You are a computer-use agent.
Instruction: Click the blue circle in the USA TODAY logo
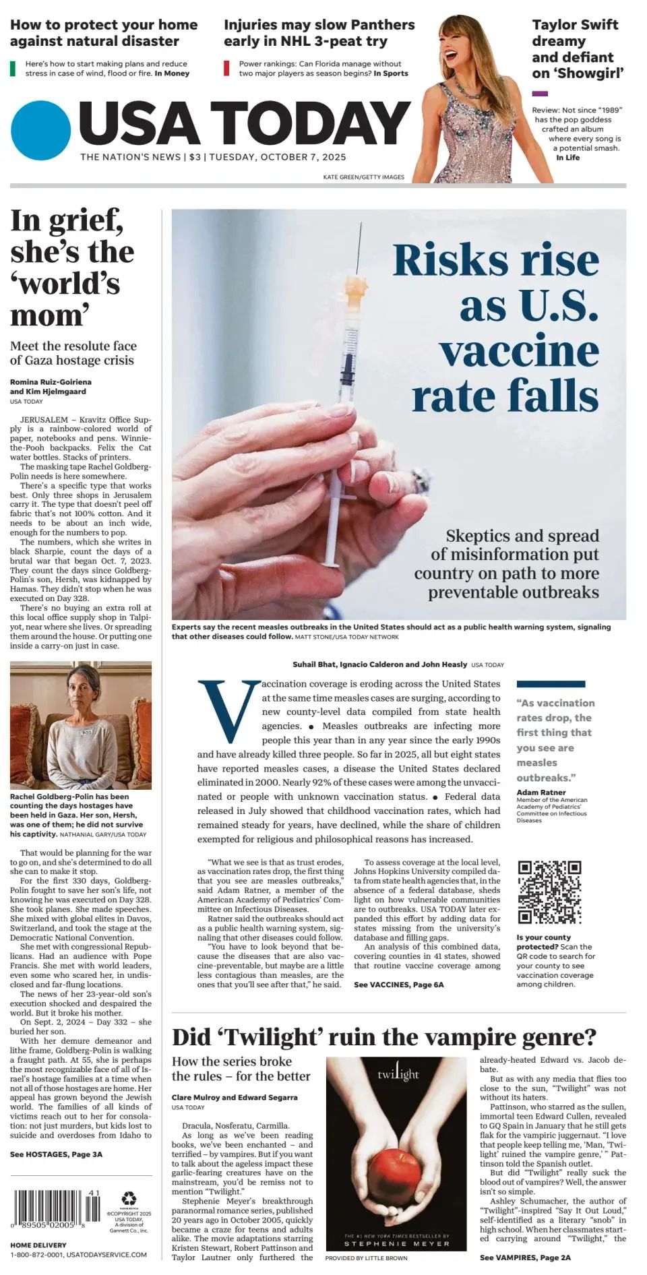(40, 131)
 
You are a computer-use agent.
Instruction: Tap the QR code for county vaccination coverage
(549, 892)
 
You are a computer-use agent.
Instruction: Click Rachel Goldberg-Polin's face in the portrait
(83, 693)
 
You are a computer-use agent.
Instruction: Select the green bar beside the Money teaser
(13, 68)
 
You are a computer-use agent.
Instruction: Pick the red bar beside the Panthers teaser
(226, 68)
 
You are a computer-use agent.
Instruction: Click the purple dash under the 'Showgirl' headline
(540, 94)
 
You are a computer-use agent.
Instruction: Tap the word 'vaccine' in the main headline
(519, 351)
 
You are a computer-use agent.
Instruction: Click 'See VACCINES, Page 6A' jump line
(398, 985)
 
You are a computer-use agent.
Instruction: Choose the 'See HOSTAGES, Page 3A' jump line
(56, 1154)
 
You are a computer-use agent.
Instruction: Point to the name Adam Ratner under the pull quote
(541, 792)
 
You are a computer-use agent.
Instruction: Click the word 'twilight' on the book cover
(398, 1074)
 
